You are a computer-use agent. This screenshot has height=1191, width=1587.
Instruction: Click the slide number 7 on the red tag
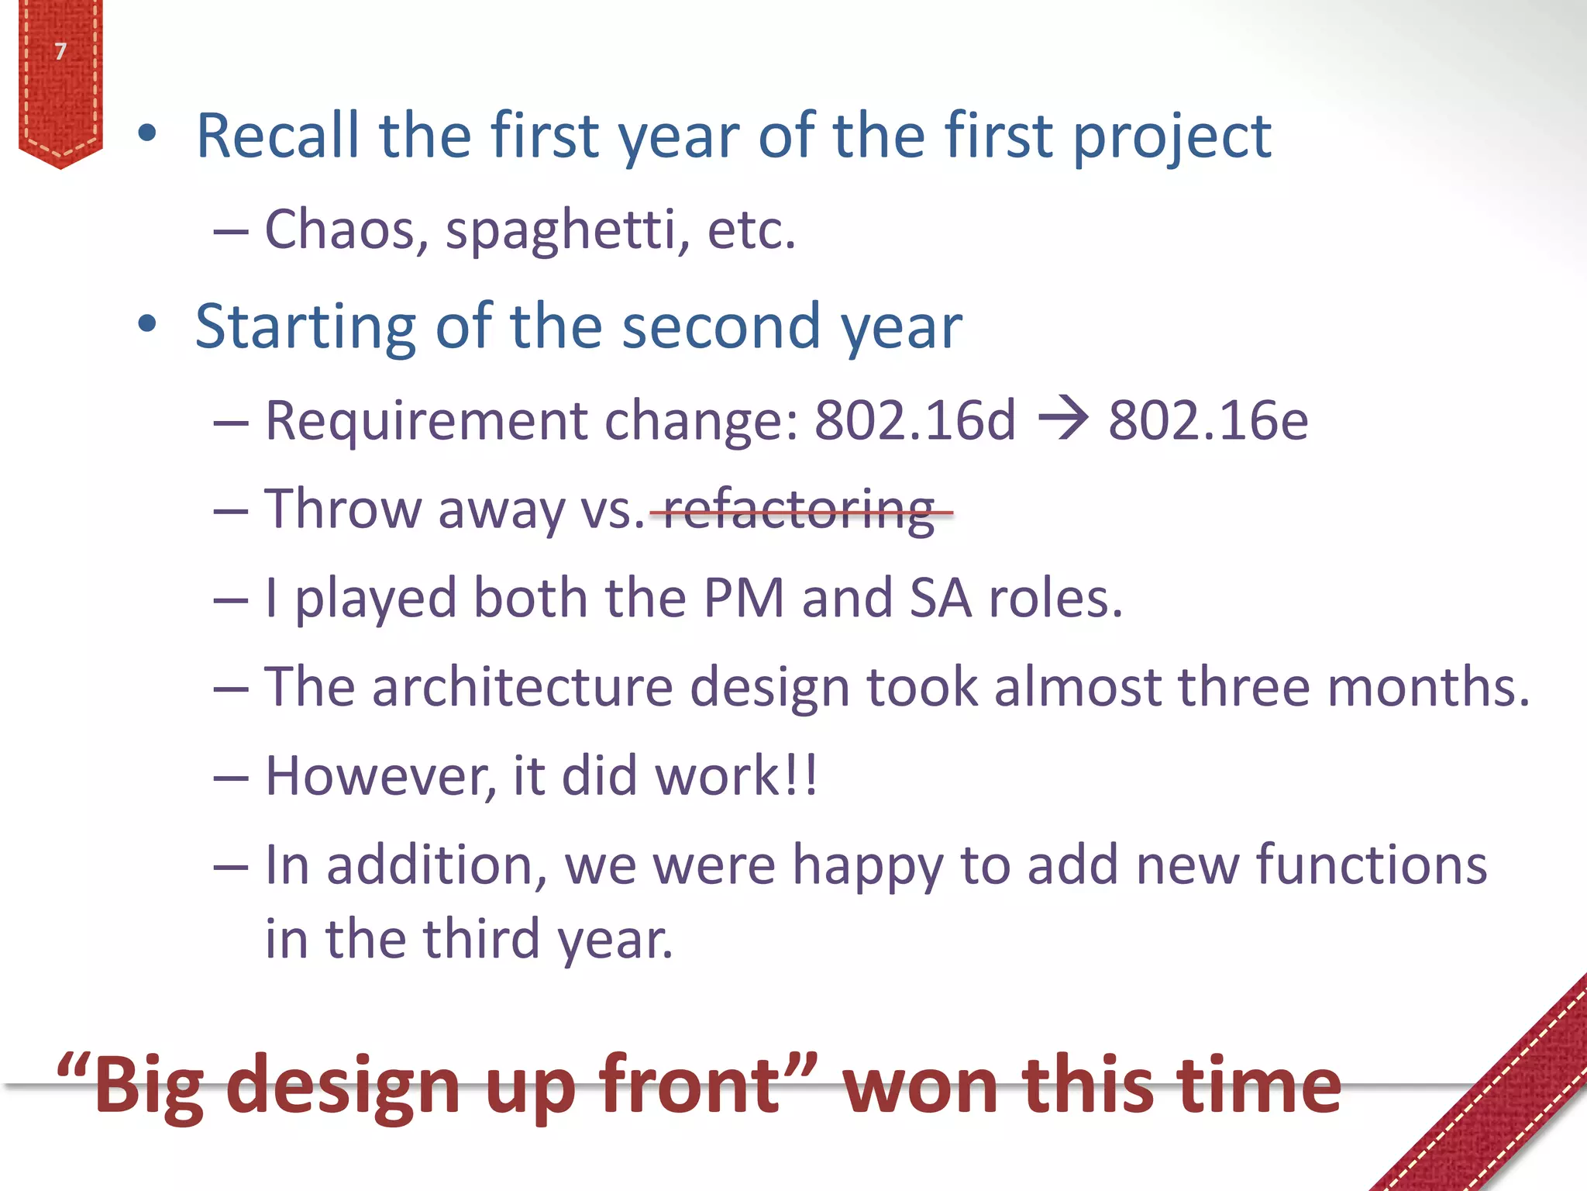tap(60, 51)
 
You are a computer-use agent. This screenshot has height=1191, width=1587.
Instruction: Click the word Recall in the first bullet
tap(277, 136)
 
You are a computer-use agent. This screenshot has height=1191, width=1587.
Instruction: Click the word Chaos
tap(346, 230)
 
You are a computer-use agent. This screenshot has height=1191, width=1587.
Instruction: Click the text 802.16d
tap(914, 420)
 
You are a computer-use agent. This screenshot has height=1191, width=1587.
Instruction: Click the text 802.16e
tap(1207, 420)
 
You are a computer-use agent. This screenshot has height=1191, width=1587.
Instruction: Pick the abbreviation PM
tap(744, 599)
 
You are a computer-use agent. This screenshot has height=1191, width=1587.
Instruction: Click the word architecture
tap(522, 687)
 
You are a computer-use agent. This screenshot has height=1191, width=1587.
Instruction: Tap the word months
tap(1427, 687)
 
